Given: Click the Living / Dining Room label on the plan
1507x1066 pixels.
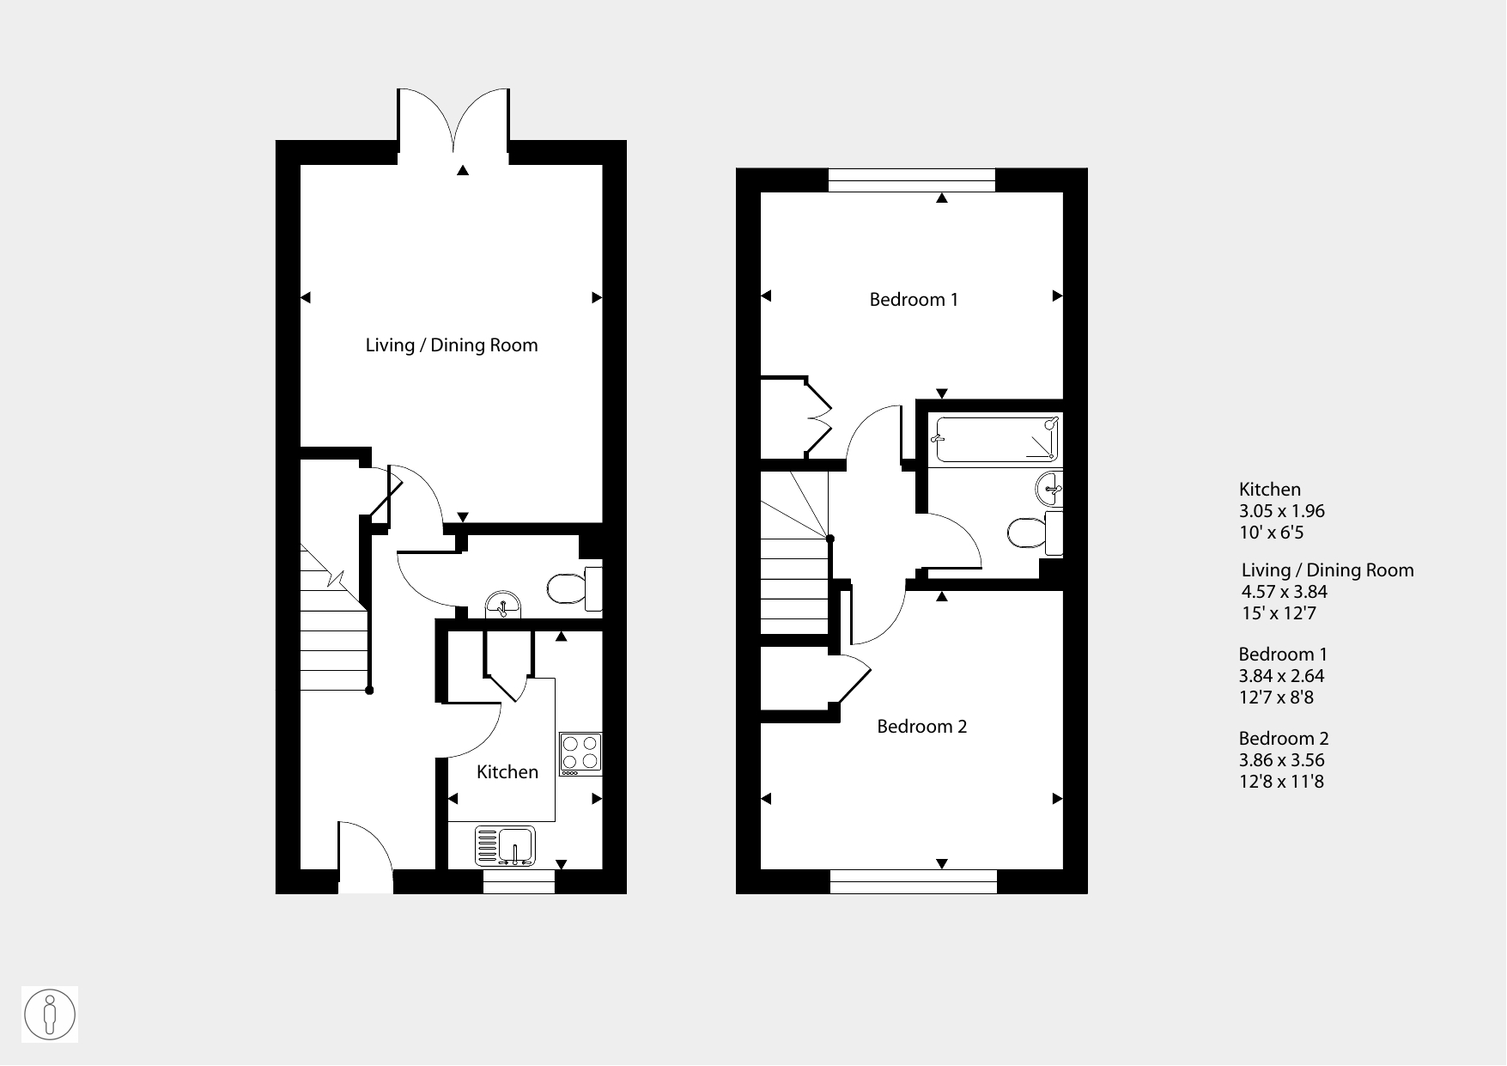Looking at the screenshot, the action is click(x=452, y=345).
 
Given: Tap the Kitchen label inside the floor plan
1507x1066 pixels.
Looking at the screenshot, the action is click(x=507, y=772).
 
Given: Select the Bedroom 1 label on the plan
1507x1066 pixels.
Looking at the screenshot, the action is click(x=914, y=300).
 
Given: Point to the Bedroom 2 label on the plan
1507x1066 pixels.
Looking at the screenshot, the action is click(x=922, y=727).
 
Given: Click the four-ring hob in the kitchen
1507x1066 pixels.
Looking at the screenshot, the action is click(x=580, y=754).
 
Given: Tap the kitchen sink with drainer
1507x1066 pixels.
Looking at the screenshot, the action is click(x=505, y=845).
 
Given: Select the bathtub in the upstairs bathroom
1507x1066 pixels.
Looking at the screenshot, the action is click(x=996, y=440).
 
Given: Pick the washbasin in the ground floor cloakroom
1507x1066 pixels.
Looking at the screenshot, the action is click(x=503, y=604).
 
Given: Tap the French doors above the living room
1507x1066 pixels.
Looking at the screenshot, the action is click(x=454, y=125).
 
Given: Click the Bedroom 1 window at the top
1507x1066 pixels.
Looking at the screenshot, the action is click(x=912, y=180).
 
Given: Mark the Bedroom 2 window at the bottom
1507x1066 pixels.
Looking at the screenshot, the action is click(x=914, y=882).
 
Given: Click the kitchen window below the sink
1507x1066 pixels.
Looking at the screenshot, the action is click(x=519, y=882).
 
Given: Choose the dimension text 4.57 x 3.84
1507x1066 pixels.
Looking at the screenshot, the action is click(x=1285, y=592).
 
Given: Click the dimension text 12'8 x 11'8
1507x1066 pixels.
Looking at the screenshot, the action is click(x=1281, y=782).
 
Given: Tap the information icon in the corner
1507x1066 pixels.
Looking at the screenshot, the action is click(x=50, y=1014).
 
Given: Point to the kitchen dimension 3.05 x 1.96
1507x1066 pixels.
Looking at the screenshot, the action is click(x=1282, y=511).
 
